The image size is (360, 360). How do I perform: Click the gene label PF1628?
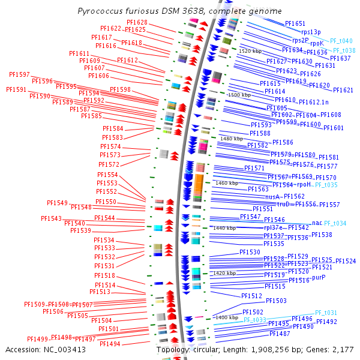click(x=137, y=22)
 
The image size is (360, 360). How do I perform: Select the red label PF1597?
click(x=19, y=74)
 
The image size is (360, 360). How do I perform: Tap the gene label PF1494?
click(x=110, y=344)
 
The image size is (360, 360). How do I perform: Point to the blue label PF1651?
click(x=295, y=23)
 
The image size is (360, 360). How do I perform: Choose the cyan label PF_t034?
click(x=335, y=223)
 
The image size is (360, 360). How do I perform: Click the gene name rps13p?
click(x=311, y=32)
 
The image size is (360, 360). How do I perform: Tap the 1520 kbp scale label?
click(x=250, y=52)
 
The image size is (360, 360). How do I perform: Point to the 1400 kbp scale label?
click(x=227, y=317)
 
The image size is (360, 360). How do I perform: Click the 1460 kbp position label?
click(x=227, y=183)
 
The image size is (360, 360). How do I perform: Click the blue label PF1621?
click(x=343, y=90)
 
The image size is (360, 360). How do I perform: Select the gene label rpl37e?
click(x=275, y=227)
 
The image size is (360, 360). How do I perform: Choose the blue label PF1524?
click(x=346, y=261)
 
